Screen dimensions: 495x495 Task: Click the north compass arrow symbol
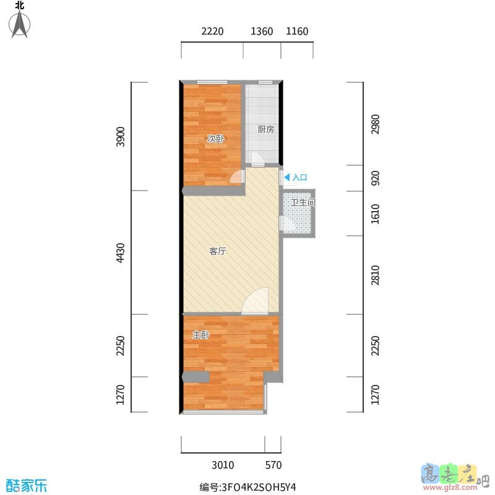pos(20,25)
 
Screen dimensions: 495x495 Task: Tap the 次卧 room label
pos(215,139)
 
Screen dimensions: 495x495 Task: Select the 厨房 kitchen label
pos(265,129)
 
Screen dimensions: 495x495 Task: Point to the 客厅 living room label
pos(218,252)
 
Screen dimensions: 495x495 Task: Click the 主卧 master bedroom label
pos(200,335)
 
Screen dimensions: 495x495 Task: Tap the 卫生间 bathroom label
pos(303,202)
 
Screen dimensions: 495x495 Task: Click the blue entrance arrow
pos(286,178)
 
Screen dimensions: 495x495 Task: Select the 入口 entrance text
pos(299,178)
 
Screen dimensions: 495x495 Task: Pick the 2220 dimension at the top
pos(212,32)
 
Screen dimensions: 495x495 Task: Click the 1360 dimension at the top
pos(262,32)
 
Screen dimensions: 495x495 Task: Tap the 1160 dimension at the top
pos(297,32)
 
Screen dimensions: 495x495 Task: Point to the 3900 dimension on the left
pos(121,137)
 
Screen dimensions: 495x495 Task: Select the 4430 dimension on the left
pos(121,253)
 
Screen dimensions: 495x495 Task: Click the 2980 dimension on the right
pos(375,124)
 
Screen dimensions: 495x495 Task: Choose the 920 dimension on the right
pos(375,178)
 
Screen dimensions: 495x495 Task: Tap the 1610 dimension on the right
pos(375,213)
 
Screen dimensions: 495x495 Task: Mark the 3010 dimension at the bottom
pos(223,465)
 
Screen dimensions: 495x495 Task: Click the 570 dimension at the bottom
pos(273,465)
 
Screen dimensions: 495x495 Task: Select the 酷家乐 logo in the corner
pos(27,485)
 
